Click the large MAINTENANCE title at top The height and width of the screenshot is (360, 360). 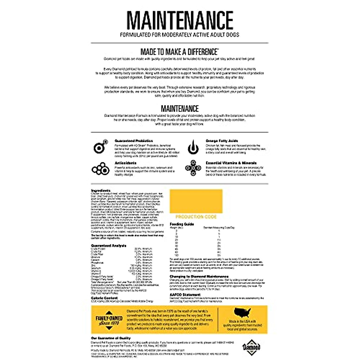coord(180,20)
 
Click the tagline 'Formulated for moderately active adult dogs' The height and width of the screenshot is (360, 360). coord(180,35)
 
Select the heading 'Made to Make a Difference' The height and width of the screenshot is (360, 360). coord(179,52)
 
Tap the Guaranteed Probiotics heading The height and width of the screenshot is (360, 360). coord(133,141)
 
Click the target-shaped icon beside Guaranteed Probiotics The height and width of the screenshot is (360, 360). coord(100,147)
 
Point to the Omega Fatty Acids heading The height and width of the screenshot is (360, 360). coord(222,141)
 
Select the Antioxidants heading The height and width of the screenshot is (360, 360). coord(125,163)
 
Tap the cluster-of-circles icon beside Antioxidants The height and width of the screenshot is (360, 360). coord(100,169)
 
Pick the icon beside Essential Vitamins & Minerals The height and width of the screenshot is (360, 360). coord(193,168)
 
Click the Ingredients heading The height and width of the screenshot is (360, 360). coord(100,190)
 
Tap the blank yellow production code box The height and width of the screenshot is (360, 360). coord(196,201)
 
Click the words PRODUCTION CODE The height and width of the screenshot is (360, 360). coord(196,217)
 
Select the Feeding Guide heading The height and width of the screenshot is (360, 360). coord(182,224)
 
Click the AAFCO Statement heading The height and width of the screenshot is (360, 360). coord(185,295)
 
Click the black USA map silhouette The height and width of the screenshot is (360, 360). coord(242,313)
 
